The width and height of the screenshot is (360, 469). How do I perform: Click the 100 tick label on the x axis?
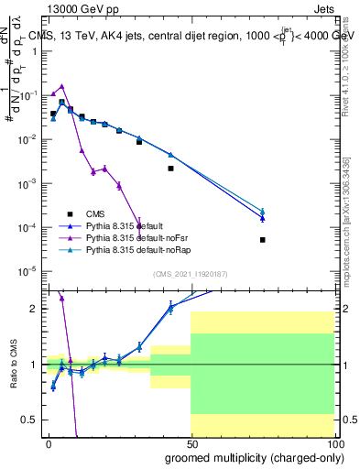(333, 444)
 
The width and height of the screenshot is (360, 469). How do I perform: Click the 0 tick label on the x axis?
(49, 444)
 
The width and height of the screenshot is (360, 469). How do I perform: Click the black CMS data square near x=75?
(262, 240)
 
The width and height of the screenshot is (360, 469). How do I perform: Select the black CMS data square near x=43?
(170, 169)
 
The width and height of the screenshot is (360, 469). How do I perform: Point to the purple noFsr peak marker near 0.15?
(61, 86)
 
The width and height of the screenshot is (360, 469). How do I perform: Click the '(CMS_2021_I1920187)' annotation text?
(190, 274)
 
